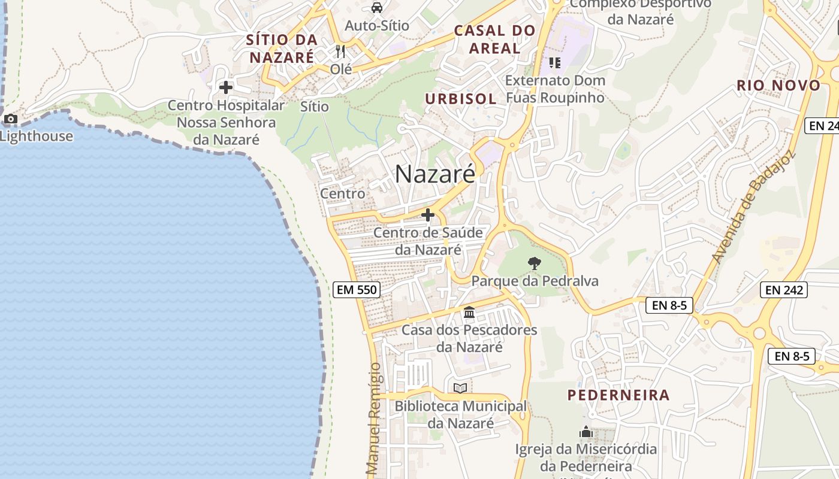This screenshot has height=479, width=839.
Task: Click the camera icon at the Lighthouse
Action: [11, 119]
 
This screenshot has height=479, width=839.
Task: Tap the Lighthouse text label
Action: [37, 136]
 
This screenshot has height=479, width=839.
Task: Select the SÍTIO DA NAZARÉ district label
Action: [282, 48]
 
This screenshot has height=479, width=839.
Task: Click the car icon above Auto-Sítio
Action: [376, 8]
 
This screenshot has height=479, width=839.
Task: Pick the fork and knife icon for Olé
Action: [340, 51]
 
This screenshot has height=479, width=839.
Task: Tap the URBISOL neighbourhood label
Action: [461, 99]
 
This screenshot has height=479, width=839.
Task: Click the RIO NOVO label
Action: [778, 85]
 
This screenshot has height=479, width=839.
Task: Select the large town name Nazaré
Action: [435, 174]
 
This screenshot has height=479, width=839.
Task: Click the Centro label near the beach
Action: [342, 193]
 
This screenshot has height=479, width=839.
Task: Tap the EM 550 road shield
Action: [357, 290]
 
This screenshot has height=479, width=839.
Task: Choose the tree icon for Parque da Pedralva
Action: [534, 263]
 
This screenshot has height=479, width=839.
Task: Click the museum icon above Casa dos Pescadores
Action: [469, 312]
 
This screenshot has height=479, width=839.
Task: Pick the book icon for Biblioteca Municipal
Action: [460, 388]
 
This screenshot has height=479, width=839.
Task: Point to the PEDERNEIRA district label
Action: [618, 395]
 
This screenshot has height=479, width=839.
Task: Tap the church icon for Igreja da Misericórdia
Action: [586, 432]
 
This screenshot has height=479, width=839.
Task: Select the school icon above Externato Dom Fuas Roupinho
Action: [554, 62]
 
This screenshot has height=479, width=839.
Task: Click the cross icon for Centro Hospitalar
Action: [225, 87]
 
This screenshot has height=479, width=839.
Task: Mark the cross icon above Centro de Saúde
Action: [428, 214]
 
